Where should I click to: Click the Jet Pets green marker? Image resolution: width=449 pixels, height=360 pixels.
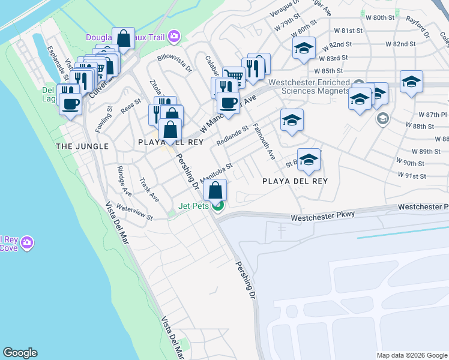[218, 206]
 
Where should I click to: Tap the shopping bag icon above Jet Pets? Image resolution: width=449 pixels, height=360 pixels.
[215, 191]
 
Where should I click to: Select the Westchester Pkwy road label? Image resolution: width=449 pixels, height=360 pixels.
[323, 215]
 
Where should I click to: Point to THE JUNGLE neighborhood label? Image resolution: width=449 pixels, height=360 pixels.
[82, 146]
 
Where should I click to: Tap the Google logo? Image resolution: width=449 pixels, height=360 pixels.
[20, 353]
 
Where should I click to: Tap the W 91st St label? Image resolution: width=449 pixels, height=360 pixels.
[411, 176]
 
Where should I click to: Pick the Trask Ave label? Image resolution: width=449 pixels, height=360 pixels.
[149, 190]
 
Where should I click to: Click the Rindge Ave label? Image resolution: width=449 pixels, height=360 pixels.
[124, 181]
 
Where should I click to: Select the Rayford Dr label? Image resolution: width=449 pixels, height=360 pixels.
[418, 31]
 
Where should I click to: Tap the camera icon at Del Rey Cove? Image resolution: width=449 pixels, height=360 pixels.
[26, 243]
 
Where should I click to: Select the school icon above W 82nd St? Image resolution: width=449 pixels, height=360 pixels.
[304, 48]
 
